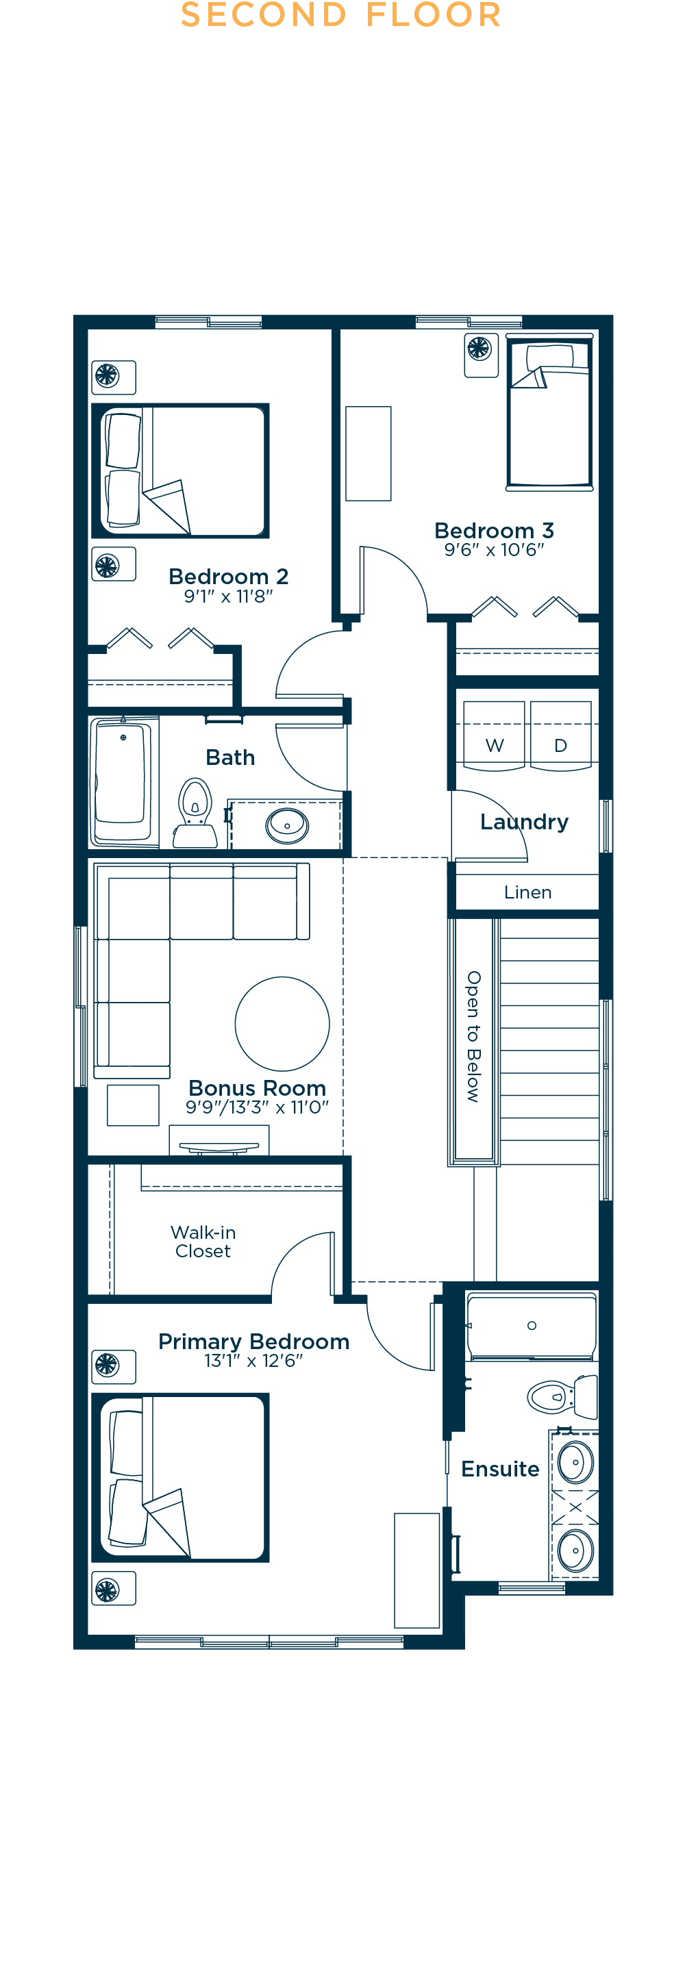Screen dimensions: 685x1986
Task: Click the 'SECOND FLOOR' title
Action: [341, 14]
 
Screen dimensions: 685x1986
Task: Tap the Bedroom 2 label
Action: [228, 576]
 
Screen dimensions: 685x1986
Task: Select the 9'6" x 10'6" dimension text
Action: [495, 550]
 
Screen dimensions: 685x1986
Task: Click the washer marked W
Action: [495, 735]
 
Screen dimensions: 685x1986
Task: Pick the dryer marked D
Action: [561, 735]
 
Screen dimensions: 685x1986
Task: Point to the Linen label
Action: [527, 892]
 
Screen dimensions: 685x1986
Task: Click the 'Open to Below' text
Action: [473, 1035]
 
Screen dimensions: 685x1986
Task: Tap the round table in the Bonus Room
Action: [282, 1024]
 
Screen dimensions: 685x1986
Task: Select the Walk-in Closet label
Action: [203, 1241]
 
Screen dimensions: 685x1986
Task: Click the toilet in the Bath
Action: [195, 814]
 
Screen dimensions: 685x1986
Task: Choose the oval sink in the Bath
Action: [287, 826]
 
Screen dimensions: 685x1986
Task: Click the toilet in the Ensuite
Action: [562, 1396]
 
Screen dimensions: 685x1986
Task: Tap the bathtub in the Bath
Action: [123, 781]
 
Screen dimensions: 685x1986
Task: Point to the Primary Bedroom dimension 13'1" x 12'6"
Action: [253, 1361]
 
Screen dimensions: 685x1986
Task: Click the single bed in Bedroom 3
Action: [550, 412]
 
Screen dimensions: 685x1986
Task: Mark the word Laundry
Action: [525, 822]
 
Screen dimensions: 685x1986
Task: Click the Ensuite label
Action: [500, 1469]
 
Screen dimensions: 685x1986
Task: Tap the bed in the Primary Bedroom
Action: [181, 1477]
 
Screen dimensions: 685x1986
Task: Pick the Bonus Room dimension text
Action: [257, 1107]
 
